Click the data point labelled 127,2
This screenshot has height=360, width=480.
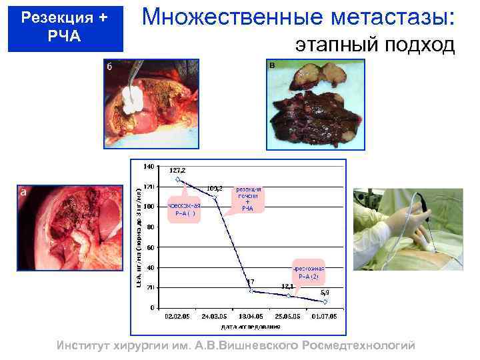point(177,179)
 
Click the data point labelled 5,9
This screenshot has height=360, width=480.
point(325,301)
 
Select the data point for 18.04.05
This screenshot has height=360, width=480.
point(251,291)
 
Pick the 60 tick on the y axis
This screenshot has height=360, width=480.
point(150,247)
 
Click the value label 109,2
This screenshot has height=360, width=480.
point(215,188)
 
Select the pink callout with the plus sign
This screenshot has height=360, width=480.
point(247,199)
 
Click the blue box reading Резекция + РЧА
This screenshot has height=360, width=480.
point(65,27)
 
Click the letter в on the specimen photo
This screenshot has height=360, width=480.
point(272,66)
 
